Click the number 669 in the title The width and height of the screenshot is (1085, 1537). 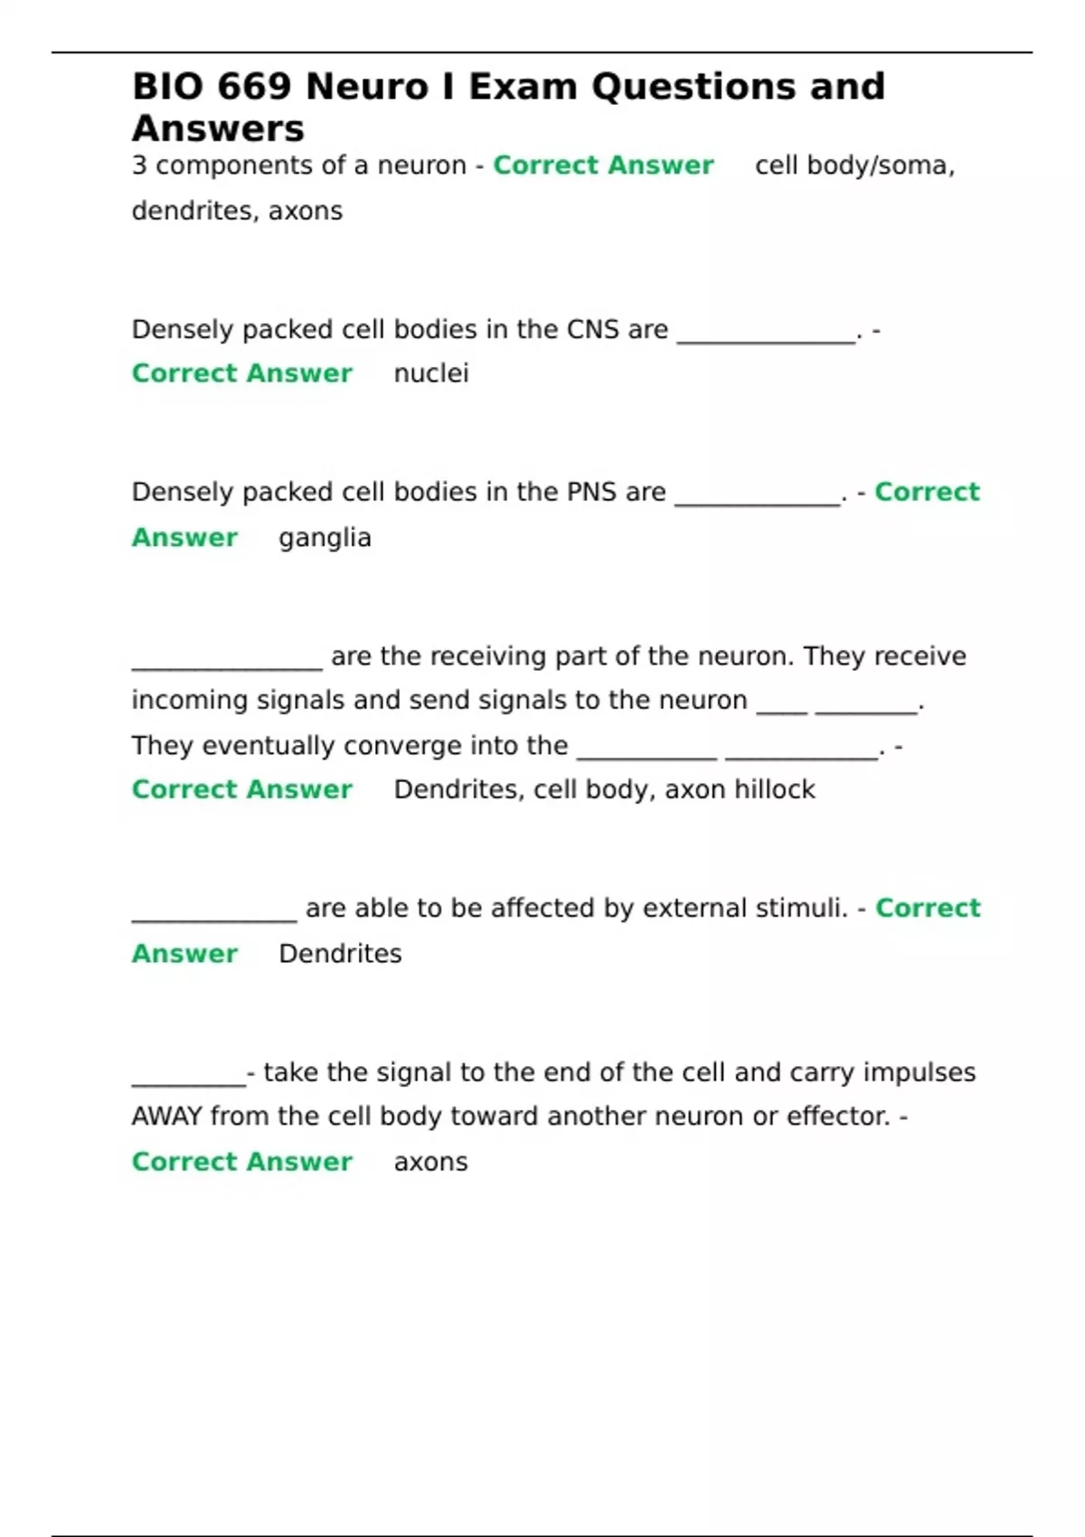click(x=254, y=87)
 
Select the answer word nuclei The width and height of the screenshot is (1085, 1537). click(x=431, y=373)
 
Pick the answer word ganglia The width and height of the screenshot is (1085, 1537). click(x=325, y=538)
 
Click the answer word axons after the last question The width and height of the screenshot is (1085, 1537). click(x=430, y=1162)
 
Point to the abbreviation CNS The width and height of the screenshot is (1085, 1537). click(x=592, y=329)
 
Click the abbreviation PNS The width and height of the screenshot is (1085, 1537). click(x=591, y=492)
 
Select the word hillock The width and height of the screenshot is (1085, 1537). click(x=775, y=789)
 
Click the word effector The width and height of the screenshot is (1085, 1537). click(x=838, y=1117)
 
